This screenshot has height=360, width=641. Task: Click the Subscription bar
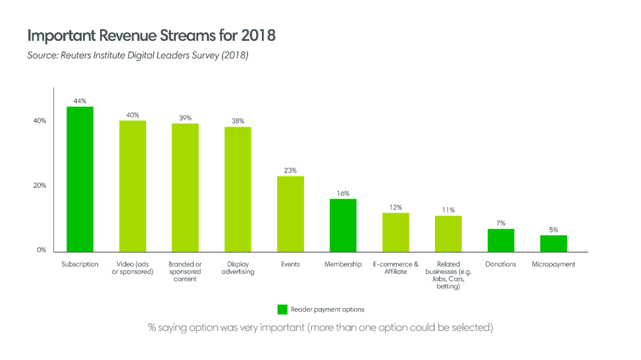coord(80,179)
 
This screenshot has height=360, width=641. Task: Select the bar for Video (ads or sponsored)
coord(132,186)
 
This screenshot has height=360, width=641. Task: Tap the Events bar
coord(290,213)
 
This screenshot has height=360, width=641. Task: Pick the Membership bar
coord(343,225)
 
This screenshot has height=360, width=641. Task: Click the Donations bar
coord(501,240)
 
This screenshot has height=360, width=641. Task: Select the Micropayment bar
coord(553,243)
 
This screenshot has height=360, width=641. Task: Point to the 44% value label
coord(80,101)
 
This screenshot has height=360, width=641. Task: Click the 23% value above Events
coord(290,170)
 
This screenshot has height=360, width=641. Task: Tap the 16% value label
coord(343,193)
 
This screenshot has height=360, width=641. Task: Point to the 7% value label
coord(501,223)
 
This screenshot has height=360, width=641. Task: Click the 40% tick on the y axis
coord(39,121)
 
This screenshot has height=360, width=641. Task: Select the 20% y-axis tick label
coord(39,186)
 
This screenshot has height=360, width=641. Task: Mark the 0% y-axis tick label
coord(41,250)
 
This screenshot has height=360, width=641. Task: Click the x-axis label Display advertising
coord(238,268)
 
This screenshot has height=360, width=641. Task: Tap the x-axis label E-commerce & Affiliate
coord(396,268)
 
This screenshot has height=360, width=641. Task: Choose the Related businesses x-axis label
coord(448,275)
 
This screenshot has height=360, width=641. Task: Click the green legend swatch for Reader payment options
coord(282,309)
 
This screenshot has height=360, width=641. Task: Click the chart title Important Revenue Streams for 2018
coord(151,36)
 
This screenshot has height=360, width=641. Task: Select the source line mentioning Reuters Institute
coord(138,56)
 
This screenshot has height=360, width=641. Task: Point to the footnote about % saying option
coord(320,328)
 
